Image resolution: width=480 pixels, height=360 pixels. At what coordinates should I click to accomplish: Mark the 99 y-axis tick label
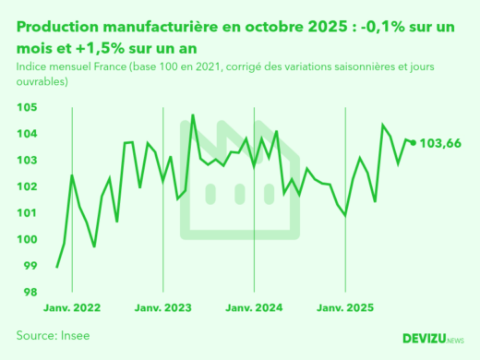pos(29,266)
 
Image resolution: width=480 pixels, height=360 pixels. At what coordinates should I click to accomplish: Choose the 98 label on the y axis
pos(29,293)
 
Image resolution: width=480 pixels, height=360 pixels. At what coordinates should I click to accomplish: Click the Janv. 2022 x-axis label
pos(71,308)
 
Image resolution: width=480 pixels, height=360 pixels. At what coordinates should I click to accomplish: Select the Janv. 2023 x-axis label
pos(162,308)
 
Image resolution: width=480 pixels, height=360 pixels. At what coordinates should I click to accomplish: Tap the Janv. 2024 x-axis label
pos(254,308)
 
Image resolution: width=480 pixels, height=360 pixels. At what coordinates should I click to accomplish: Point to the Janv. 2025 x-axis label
pos(344,308)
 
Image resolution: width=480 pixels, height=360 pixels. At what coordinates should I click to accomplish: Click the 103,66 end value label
pos(440,143)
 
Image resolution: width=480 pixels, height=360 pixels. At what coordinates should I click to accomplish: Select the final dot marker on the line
pos(413,142)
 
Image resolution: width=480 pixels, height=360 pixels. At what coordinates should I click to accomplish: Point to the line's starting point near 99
pos(57,268)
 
